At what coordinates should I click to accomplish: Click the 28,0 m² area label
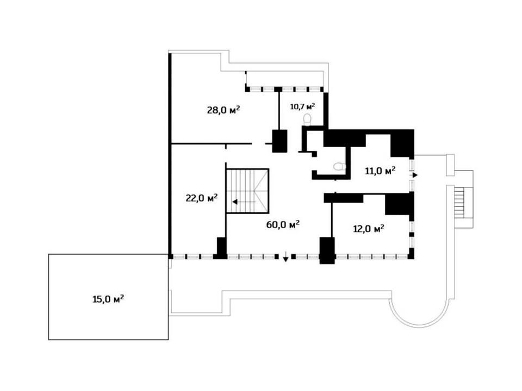coord(223,110)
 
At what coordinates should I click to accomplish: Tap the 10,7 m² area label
coord(303,107)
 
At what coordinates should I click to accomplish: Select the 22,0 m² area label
coord(202,198)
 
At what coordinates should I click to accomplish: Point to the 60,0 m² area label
coord(283,224)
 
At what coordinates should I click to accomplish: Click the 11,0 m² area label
coord(380,171)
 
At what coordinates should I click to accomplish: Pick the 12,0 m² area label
coord(369,229)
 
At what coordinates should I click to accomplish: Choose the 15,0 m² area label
coord(108,299)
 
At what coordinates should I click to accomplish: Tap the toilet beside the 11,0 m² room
coord(340,166)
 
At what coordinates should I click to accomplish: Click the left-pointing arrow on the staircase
coord(244,202)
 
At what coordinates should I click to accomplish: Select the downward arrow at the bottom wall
coord(285,256)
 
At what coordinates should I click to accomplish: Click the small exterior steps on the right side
coord(459,203)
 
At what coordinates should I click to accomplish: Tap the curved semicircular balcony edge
coord(420,321)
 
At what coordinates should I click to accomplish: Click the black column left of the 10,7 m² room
coord(279,141)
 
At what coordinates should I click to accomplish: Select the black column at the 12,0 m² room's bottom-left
coord(327,250)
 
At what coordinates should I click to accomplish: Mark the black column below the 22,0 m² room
coord(221,248)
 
